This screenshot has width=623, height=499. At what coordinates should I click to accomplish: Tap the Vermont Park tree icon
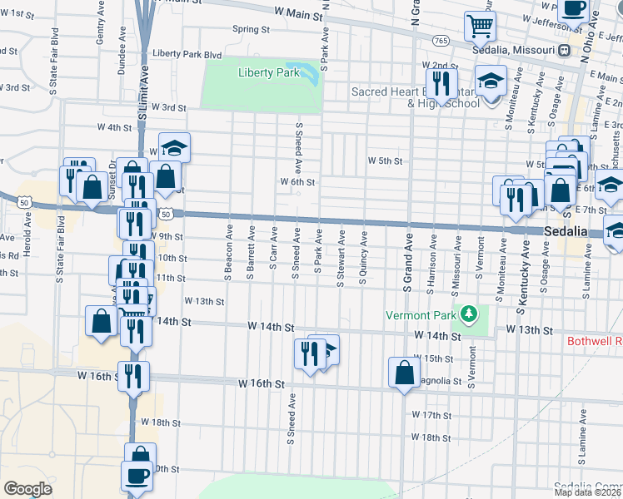[470, 314]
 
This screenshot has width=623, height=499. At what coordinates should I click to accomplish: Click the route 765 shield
[441, 41]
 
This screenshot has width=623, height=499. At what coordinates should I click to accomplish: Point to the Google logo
[27, 488]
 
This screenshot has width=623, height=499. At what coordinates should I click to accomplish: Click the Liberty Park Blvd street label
[187, 55]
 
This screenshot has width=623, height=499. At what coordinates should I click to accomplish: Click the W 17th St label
[431, 414]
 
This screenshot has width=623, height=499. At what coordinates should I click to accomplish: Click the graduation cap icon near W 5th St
[174, 147]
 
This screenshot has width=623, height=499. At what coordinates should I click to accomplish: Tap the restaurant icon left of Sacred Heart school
[441, 82]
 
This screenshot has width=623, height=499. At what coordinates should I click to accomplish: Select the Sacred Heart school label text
[416, 97]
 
